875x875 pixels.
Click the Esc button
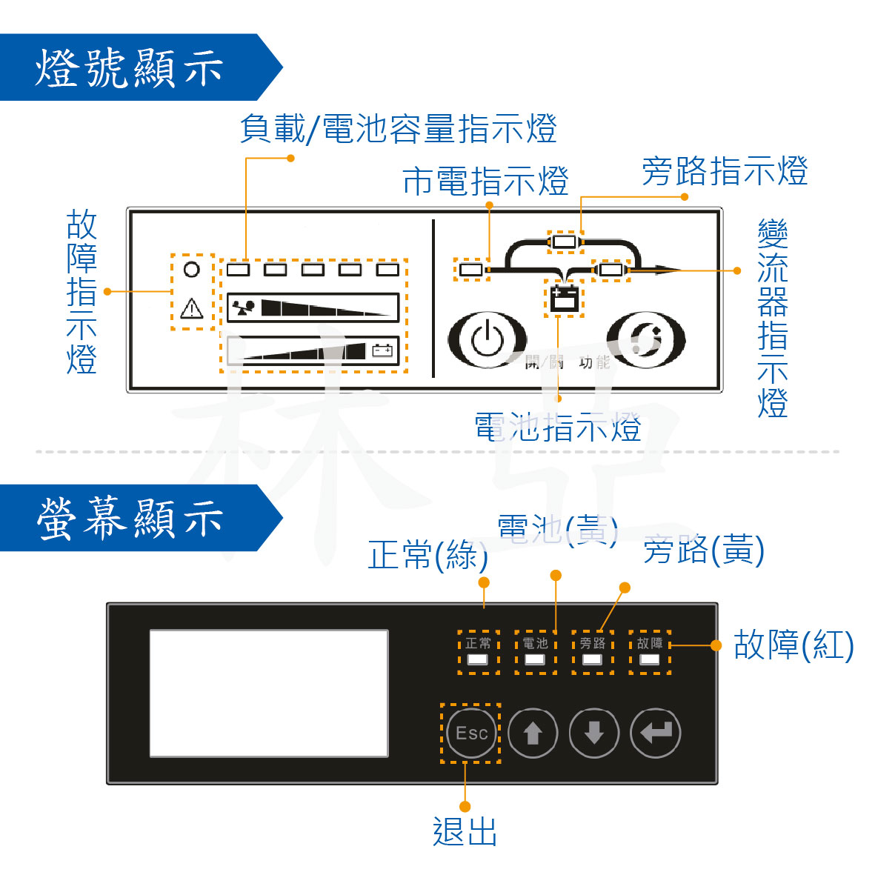coord(471,733)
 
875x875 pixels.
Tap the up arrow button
coord(533,733)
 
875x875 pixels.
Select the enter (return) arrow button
coord(655,733)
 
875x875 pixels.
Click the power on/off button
coord(487,340)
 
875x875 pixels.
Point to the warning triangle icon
coord(192,307)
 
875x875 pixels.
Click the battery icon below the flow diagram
coord(564,298)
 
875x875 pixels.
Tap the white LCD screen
coord(269,693)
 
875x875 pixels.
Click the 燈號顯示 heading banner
coord(130,67)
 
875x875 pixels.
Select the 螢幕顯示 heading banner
coord(130,518)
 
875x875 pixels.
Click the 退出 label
coord(465,831)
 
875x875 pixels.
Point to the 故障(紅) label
coord(794,645)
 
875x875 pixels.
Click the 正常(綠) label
coord(427,555)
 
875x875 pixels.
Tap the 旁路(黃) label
coord(703,550)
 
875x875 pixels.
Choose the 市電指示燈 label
coord(485,182)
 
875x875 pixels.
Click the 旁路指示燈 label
coord(724,171)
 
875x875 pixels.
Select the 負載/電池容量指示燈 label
coord(398,128)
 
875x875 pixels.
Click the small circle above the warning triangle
coord(192,269)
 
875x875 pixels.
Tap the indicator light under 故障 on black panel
coord(650,659)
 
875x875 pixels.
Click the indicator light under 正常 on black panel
coord(478,659)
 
